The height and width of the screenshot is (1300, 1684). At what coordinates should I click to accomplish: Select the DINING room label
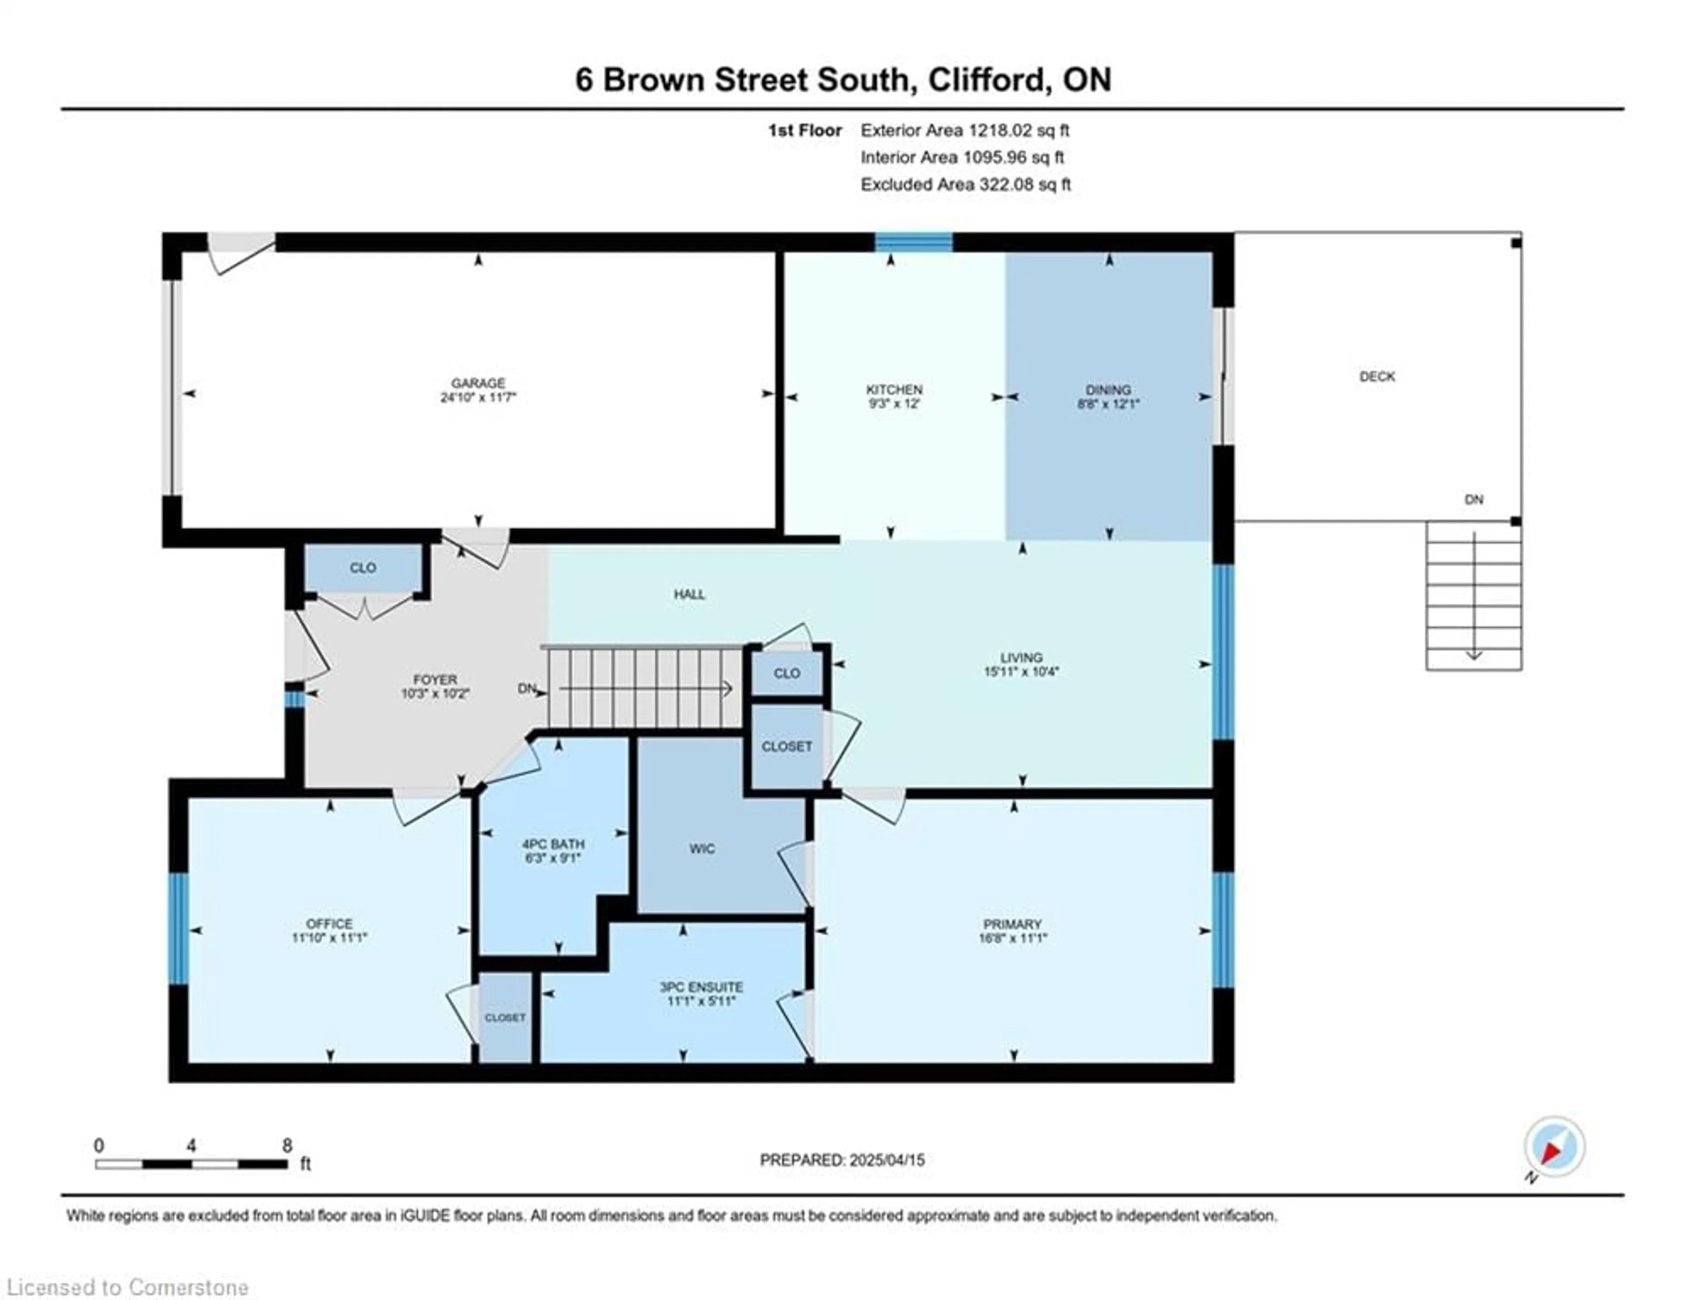[x=1108, y=389]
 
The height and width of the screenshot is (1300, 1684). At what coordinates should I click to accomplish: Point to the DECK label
[x=1377, y=376]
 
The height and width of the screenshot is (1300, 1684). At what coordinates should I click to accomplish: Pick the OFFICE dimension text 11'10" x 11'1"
[x=329, y=938]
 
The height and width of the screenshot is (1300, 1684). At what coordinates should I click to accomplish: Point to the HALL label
[x=689, y=594]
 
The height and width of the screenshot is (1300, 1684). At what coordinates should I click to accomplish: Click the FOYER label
[x=435, y=679]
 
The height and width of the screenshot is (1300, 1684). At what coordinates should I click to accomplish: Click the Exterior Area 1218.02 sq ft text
[x=965, y=130]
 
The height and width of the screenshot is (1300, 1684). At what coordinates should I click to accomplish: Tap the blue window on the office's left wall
[x=179, y=929]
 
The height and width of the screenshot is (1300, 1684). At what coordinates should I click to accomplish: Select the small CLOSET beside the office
[x=505, y=1018]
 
